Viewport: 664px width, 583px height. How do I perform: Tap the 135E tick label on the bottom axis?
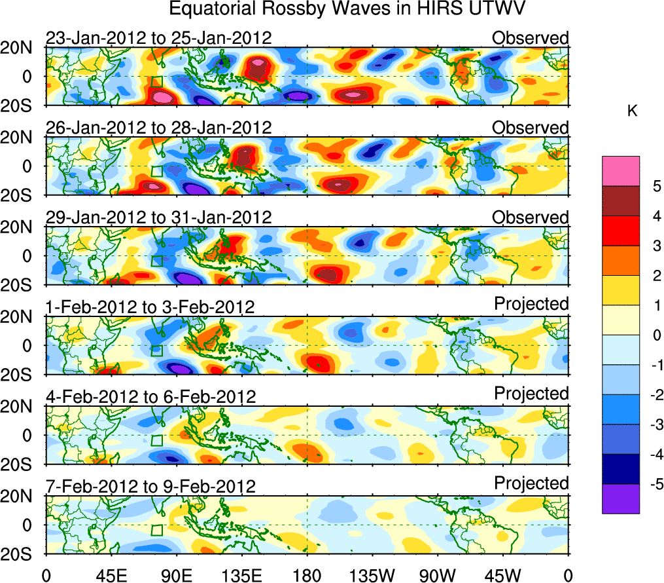242,575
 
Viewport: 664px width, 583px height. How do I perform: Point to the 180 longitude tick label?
307,575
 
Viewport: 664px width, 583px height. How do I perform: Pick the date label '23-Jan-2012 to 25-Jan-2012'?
158,38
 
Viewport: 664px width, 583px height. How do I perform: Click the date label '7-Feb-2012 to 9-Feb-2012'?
150,486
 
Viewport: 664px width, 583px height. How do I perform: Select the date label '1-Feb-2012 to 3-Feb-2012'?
150,307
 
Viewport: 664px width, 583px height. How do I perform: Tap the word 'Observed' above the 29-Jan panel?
531,217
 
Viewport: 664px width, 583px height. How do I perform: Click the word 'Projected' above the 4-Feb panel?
531,394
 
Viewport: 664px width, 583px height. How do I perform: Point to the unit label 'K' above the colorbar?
632,112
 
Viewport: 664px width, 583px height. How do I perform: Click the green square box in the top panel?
156,81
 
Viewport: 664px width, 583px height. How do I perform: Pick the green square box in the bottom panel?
156,530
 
